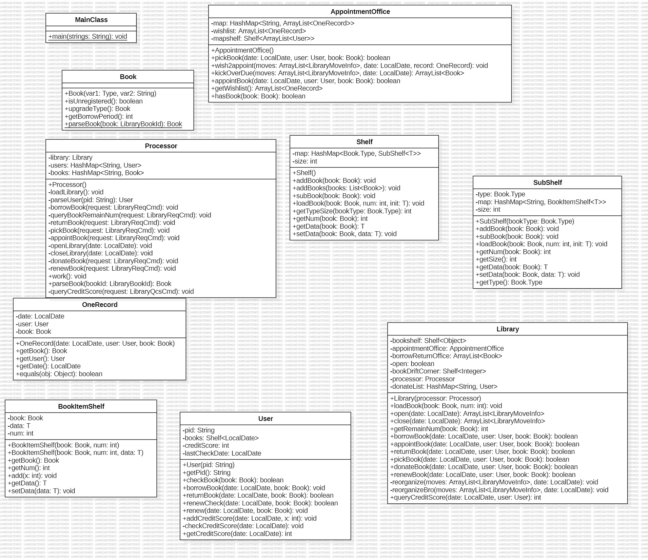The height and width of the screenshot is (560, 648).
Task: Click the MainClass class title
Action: [91, 20]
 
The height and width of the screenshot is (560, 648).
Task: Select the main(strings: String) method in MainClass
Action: [88, 37]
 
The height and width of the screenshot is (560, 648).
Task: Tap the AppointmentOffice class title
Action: [360, 12]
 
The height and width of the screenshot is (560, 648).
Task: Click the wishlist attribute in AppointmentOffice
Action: [258, 31]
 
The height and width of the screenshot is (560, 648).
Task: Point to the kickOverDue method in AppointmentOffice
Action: [337, 73]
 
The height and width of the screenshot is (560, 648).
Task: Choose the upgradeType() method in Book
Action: [97, 109]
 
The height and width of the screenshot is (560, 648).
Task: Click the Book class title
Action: [128, 77]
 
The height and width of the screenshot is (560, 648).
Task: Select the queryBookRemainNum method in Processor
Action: [130, 215]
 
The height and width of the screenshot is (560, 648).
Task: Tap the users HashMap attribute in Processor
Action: [95, 165]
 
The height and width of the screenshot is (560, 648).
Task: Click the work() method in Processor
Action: [67, 276]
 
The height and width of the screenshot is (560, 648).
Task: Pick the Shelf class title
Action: [365, 142]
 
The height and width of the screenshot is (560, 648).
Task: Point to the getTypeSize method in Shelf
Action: [352, 211]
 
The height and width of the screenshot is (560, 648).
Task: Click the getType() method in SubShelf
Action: [509, 282]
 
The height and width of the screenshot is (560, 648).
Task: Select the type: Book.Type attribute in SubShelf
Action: [500, 194]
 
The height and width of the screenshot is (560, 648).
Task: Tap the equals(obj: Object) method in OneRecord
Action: [59, 374]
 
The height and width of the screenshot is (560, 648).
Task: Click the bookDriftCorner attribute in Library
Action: [438, 371]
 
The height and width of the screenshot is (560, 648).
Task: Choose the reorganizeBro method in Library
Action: [499, 490]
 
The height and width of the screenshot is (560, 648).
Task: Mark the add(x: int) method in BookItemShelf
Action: [32, 476]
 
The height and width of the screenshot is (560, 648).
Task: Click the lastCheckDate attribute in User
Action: [222, 453]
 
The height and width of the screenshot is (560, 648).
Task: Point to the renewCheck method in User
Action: [260, 503]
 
